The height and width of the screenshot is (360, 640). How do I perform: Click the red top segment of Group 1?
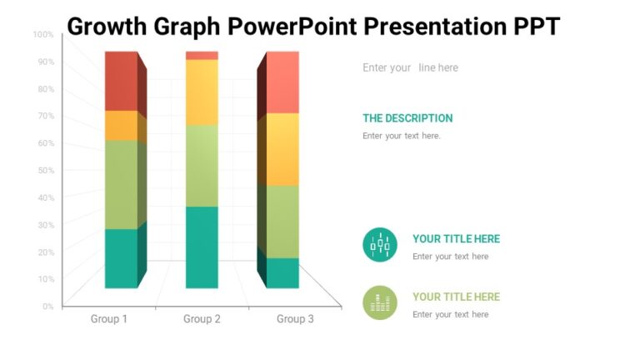point(122,80)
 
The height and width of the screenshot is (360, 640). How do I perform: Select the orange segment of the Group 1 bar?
point(122,125)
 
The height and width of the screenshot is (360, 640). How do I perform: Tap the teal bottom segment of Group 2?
point(202,247)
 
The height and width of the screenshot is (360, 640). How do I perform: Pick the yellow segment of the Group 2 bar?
point(202,92)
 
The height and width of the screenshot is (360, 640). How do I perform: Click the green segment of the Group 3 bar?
point(282,221)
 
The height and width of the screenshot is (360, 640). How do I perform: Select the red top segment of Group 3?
point(282,82)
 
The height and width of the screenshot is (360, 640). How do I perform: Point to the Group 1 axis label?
point(109,319)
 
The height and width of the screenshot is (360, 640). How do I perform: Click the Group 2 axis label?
point(202,319)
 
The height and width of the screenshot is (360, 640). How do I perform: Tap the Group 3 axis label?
point(295,319)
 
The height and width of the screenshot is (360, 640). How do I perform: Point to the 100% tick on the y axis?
point(43,35)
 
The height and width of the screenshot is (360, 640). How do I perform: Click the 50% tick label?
point(45,171)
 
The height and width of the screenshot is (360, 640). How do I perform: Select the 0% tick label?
point(47,307)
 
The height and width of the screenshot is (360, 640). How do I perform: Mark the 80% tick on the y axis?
point(45,89)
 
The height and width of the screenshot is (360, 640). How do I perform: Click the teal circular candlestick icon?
point(380,244)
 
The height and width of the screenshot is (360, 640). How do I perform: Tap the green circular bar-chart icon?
point(380,302)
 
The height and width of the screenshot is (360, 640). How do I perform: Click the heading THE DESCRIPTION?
point(407,118)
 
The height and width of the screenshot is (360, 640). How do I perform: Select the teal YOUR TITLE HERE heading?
point(456,239)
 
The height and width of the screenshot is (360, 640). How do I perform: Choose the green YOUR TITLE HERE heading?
point(456,297)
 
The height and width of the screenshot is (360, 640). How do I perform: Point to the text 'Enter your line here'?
point(410,67)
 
